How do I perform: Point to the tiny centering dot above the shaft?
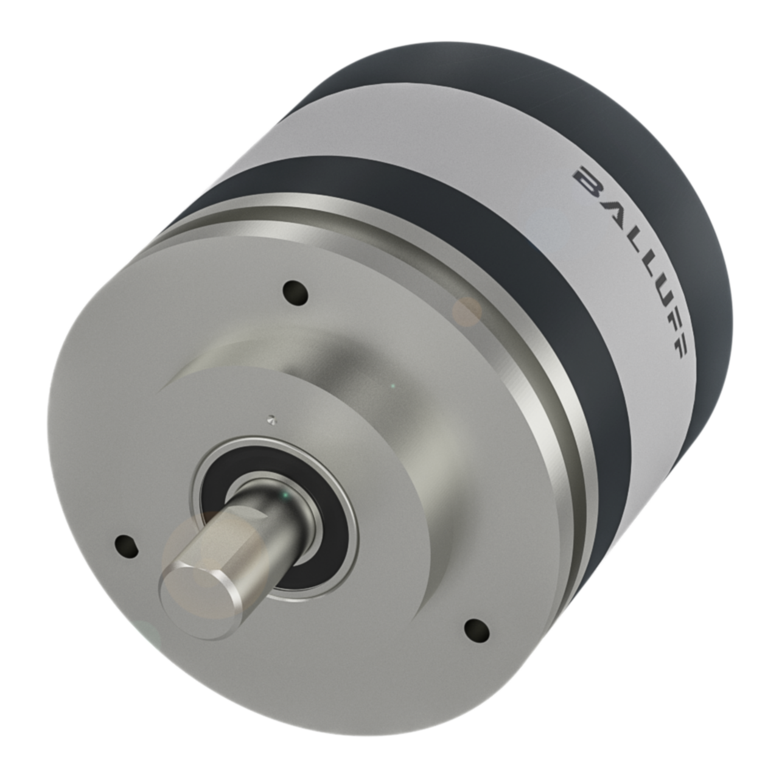point(272,418)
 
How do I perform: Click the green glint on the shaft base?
point(281,498)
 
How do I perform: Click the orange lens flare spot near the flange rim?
point(467,310)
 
